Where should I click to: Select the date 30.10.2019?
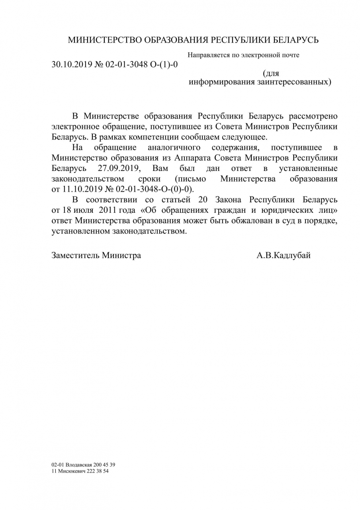coord(72,64)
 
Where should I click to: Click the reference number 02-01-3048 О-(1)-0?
coord(141,64)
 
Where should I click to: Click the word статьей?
coord(172,199)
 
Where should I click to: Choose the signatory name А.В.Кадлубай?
coord(284,255)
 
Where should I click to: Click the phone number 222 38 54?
coord(100,471)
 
